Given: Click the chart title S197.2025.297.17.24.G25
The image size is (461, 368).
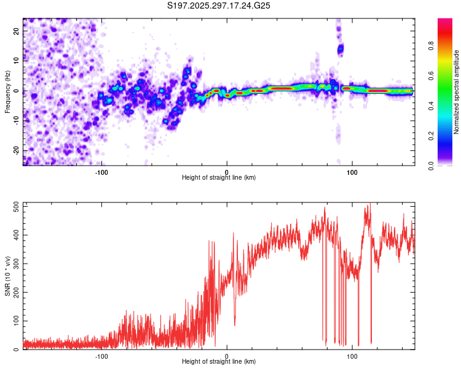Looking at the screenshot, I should [219, 6].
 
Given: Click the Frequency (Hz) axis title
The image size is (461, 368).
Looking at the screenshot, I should [7, 91].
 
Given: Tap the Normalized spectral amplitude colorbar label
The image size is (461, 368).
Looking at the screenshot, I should [457, 91].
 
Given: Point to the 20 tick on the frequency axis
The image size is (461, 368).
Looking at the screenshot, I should [17, 30].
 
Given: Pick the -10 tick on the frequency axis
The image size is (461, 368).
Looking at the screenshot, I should [15, 120].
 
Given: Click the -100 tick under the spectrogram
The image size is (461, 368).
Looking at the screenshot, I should [102, 172].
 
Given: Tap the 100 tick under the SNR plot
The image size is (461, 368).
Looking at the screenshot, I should [352, 356].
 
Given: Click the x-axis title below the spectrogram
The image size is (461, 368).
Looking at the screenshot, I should [219, 178].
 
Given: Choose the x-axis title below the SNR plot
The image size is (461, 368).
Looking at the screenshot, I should [219, 362].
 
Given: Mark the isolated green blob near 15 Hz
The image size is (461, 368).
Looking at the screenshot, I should [340, 48].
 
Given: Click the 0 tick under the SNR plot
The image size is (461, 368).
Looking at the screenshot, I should [227, 356].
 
